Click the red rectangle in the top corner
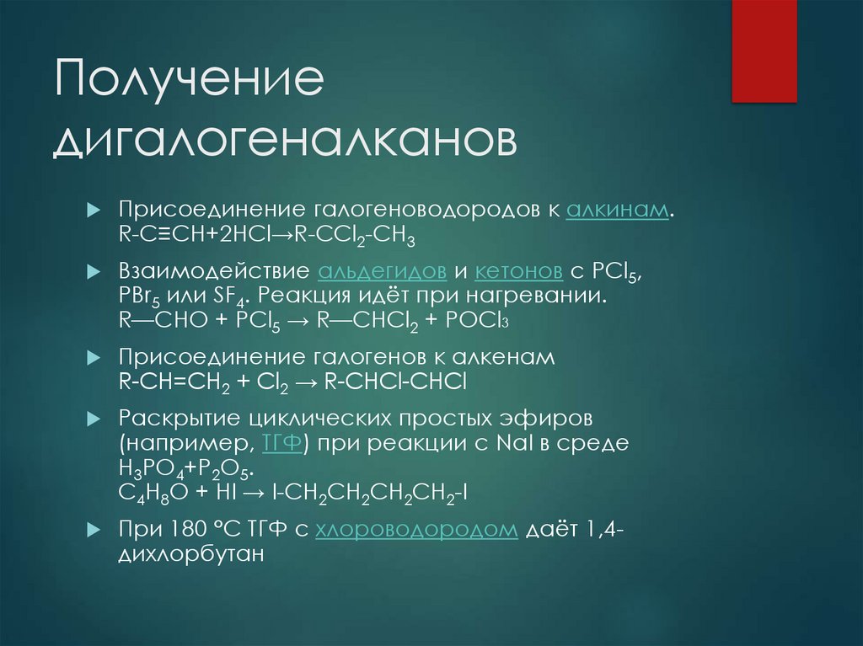pos(764,51)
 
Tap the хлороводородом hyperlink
pos(417,531)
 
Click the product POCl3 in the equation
pos(476,322)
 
